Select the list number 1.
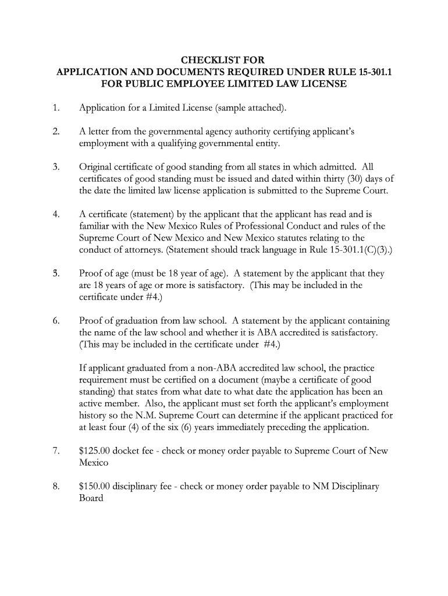tap(55, 108)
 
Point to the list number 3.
tap(55, 168)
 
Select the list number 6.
tap(55, 321)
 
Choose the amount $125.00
tap(94, 451)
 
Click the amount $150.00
tap(94, 487)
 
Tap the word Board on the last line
tap(91, 498)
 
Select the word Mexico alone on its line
tap(94, 463)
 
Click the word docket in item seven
tap(128, 451)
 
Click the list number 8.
tap(55, 487)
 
